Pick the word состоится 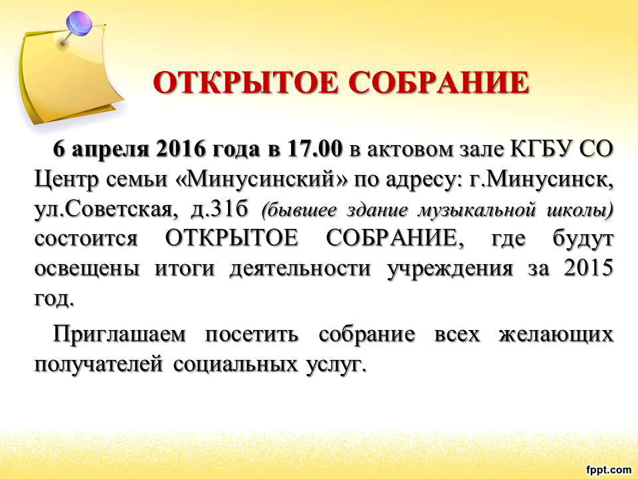pos(86,239)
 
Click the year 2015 pos(588,268)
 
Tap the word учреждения pos(450,270)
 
